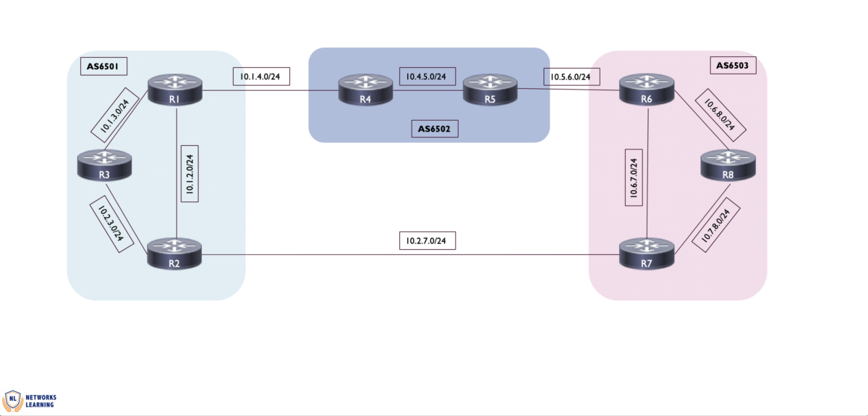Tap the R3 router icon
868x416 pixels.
click(x=105, y=165)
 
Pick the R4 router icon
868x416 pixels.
click(x=365, y=91)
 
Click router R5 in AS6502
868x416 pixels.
click(x=490, y=91)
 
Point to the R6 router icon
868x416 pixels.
click(x=647, y=92)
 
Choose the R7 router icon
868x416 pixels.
click(x=647, y=254)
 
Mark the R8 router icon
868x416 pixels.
click(x=728, y=165)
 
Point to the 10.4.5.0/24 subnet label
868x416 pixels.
click(x=425, y=75)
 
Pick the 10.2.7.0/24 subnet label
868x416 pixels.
click(x=427, y=240)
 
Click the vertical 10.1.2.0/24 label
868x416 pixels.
click(x=189, y=174)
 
